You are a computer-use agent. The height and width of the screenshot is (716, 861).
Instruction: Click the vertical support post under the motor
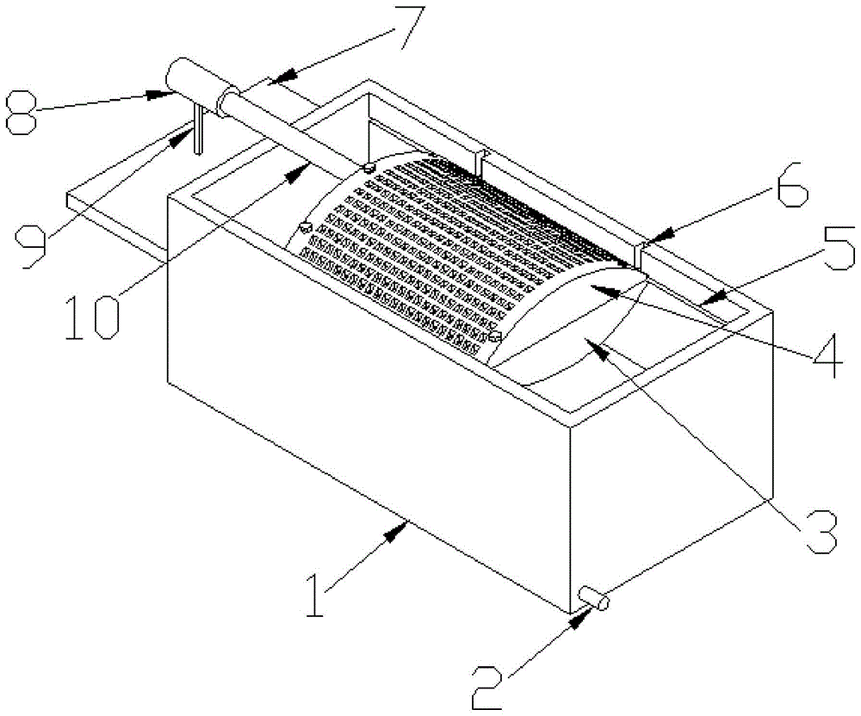pyautogui.click(x=197, y=128)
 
